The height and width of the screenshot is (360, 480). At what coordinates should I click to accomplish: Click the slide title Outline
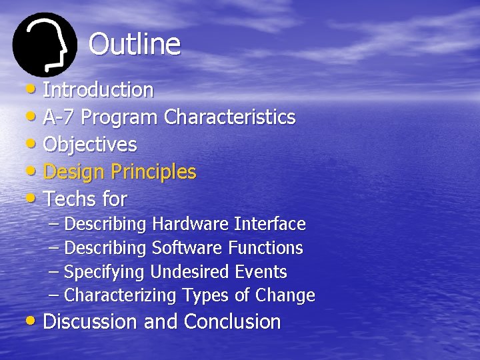click(134, 45)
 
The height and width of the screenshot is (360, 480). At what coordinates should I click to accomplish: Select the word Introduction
click(98, 89)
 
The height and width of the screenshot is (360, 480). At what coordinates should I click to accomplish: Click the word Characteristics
click(229, 117)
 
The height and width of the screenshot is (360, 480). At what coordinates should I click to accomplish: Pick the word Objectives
click(90, 145)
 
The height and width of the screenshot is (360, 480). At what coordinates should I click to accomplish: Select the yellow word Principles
click(153, 172)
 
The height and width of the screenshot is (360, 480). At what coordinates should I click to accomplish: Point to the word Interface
click(269, 224)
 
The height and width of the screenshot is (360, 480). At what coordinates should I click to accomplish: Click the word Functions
click(265, 248)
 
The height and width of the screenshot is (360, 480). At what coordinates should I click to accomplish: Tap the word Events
click(261, 272)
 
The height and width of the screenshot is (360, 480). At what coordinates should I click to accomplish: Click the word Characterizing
click(121, 295)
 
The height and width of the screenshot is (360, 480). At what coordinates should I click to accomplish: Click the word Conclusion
click(232, 322)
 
